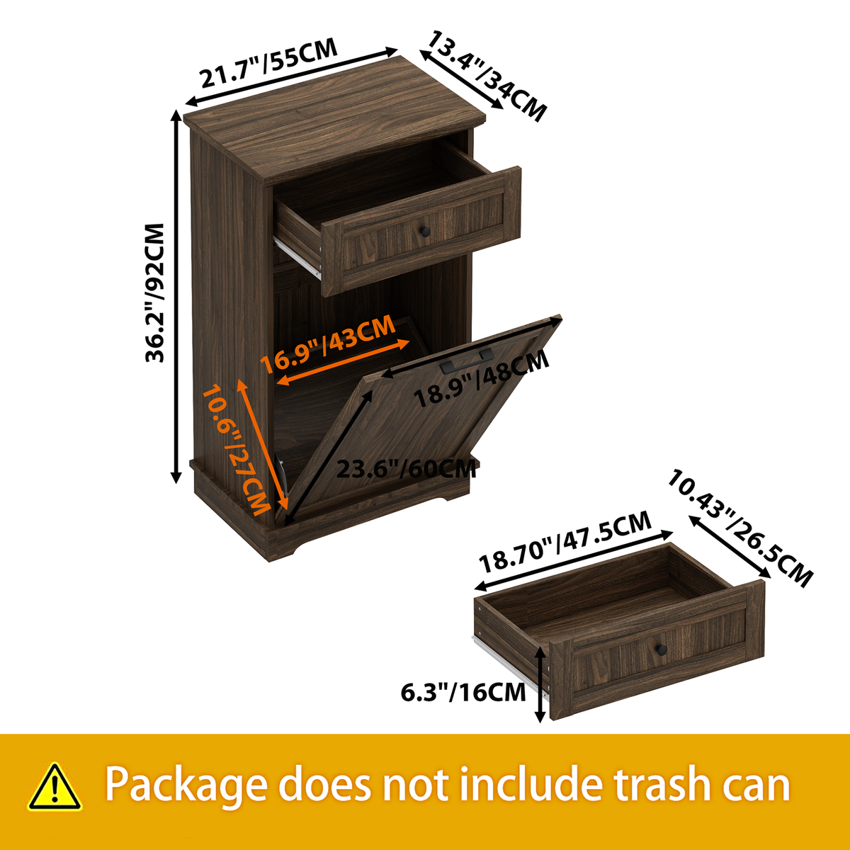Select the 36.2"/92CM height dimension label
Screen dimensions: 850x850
click(x=154, y=293)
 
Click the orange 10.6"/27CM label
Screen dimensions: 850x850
click(x=236, y=449)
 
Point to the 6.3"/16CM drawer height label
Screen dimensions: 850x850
click(x=463, y=692)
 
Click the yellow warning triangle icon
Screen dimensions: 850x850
click(x=55, y=786)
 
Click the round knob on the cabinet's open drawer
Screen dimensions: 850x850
click(x=424, y=230)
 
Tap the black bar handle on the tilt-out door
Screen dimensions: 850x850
click(x=467, y=360)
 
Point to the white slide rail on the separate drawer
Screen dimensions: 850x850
click(x=509, y=666)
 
